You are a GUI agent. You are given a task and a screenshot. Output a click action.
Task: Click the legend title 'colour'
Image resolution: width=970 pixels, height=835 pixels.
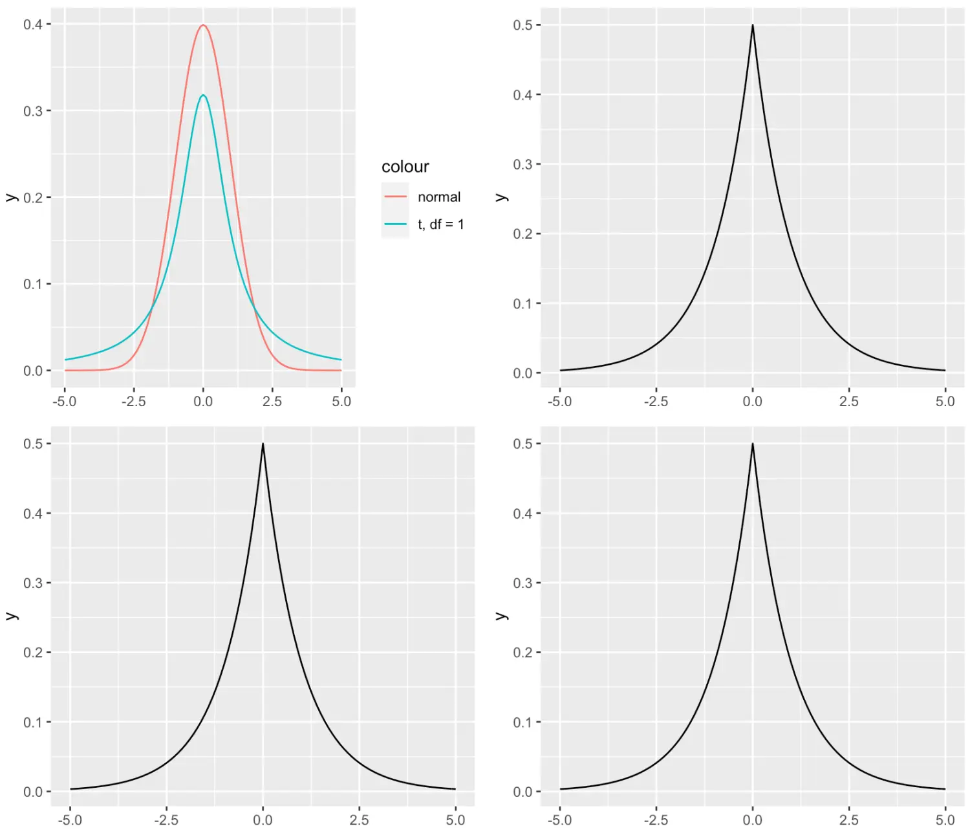coord(405,167)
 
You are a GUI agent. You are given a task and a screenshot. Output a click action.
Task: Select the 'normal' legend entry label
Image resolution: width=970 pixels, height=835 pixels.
coord(439,197)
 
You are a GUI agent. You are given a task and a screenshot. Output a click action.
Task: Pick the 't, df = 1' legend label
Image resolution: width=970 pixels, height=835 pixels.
coord(440,224)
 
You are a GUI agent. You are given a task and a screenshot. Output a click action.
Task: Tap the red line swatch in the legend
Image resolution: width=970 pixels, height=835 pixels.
coord(395,197)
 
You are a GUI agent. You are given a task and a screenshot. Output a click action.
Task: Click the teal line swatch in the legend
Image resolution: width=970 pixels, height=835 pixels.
coord(395,224)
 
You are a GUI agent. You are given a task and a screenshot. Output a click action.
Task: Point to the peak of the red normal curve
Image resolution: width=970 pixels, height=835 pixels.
coord(203,25)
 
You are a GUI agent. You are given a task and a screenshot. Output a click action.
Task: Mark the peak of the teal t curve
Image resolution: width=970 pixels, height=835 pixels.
coord(203,95)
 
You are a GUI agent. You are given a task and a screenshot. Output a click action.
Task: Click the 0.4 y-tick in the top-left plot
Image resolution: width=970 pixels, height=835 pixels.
coord(33,25)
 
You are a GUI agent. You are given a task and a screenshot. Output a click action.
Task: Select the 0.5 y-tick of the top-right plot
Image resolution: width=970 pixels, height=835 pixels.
coord(523,25)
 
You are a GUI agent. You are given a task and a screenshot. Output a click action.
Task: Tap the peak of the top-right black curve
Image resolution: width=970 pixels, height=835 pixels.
coord(752,26)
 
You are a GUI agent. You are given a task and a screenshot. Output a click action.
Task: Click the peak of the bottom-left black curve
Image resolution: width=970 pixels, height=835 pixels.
coord(263,444)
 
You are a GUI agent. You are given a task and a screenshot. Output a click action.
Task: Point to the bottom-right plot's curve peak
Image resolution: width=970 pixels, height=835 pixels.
coord(752,444)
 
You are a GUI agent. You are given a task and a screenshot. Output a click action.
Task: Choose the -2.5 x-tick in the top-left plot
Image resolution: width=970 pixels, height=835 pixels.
coord(134,402)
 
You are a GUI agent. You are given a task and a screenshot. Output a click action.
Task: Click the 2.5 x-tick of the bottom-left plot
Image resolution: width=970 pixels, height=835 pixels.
coord(359,820)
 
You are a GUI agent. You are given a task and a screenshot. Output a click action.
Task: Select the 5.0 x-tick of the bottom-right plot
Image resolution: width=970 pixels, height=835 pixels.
coord(945,820)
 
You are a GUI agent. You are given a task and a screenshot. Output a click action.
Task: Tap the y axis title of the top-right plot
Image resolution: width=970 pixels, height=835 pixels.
coord(501,197)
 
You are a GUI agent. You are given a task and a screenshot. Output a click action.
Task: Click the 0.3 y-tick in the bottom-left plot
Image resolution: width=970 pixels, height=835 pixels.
coord(33,583)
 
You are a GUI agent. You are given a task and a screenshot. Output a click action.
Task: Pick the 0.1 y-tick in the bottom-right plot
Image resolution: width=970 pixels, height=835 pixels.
coord(523,722)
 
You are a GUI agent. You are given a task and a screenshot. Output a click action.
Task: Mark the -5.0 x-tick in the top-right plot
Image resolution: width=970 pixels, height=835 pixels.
coord(559,402)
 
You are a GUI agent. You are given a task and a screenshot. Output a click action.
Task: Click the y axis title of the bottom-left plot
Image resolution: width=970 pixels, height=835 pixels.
coord(12,616)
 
